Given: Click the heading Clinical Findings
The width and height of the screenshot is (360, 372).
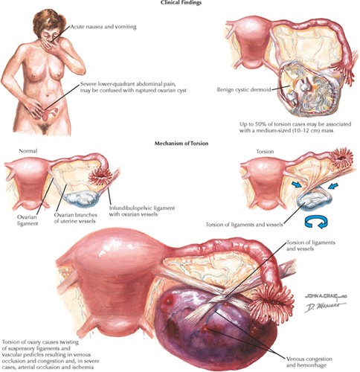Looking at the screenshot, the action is [x=181, y=2].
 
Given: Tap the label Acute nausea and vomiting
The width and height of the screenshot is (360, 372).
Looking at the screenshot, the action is [x=103, y=27].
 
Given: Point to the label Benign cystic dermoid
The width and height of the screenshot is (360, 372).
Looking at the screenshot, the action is [x=244, y=89].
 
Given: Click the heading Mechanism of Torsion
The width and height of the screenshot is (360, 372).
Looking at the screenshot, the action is [x=181, y=144].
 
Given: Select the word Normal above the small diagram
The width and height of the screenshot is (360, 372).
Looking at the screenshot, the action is [x=28, y=151].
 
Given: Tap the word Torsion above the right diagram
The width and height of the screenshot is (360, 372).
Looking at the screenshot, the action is [x=266, y=151].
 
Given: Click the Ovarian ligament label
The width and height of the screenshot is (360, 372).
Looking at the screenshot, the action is [x=28, y=220].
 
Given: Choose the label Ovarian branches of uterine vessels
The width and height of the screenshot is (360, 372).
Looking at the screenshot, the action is [x=75, y=218].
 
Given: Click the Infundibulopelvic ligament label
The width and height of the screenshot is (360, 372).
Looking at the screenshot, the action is [x=141, y=211].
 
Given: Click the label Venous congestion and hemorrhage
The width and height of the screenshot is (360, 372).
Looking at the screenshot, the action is [x=309, y=362].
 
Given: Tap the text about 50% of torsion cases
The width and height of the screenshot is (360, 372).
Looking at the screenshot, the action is [x=295, y=126].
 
